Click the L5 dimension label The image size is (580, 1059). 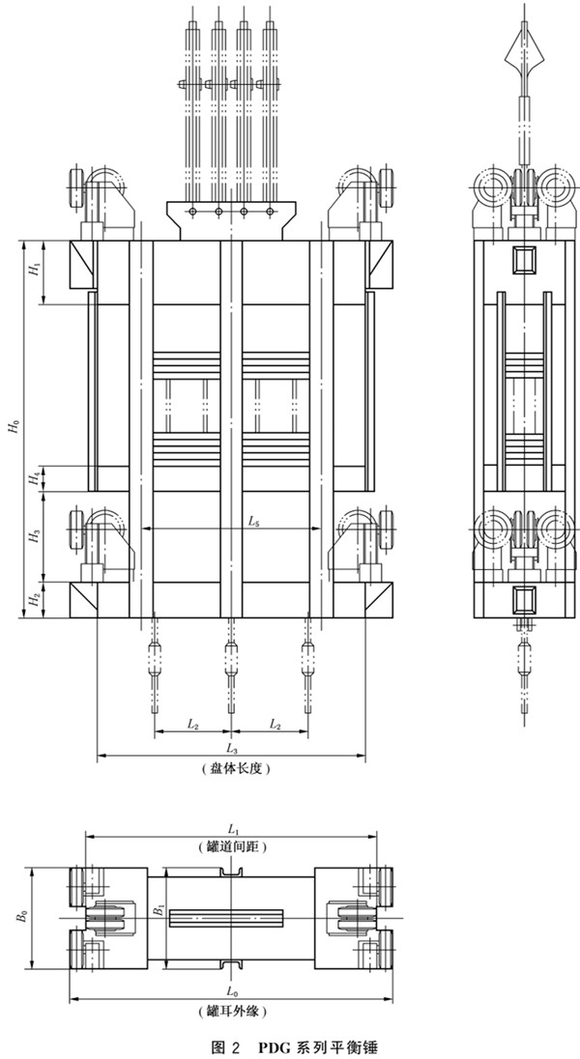click(x=252, y=522)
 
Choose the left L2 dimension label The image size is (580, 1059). click(x=192, y=723)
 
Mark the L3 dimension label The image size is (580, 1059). click(x=230, y=749)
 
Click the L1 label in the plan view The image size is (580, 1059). click(x=232, y=829)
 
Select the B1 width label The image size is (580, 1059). click(x=158, y=910)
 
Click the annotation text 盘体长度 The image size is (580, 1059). click(x=231, y=769)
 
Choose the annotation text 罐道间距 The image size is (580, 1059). click(x=232, y=847)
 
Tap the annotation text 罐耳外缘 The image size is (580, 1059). click(x=231, y=1012)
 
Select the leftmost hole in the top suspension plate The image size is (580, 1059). click(x=195, y=212)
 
